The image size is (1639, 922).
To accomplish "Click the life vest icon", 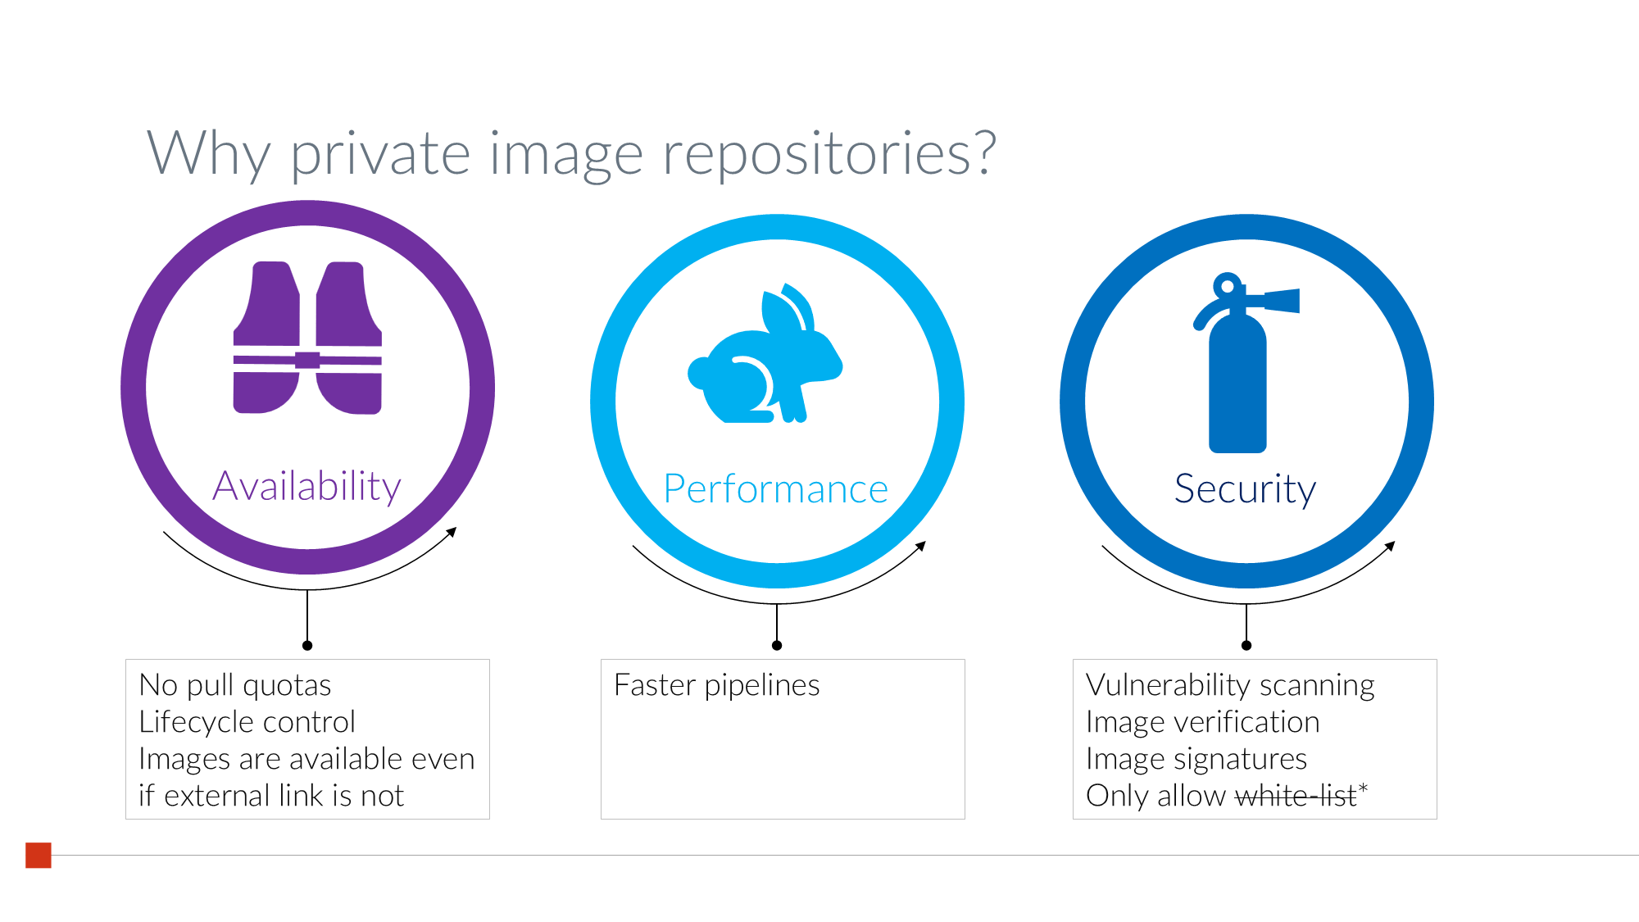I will [307, 338].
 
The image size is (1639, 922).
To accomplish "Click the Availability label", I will [306, 486].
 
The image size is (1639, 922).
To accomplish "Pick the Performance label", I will [775, 489].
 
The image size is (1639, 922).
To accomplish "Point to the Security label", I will [1245, 489].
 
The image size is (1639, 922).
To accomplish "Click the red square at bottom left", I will [39, 855].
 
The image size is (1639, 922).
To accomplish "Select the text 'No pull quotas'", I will [235, 685].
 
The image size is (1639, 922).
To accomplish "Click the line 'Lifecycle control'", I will [247, 722].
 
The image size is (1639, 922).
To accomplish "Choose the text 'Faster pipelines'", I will [716, 685].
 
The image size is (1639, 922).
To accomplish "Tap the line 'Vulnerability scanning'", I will [1230, 685].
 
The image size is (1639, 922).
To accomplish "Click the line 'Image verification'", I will [1202, 722].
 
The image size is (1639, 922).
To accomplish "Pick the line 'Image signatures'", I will [1196, 759].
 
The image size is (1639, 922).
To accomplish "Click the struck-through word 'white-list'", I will [1295, 796].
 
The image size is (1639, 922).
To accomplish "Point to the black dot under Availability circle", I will [307, 646].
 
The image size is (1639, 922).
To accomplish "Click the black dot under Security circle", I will [1246, 646].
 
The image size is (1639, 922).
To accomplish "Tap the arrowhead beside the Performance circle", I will [922, 545].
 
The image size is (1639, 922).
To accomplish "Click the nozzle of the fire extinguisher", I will [1283, 301].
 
